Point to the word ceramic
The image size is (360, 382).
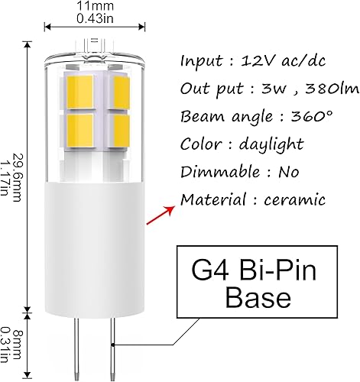coord(294,199)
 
